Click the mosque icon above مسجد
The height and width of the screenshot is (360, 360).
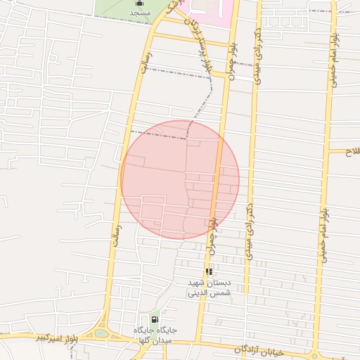(138, 3)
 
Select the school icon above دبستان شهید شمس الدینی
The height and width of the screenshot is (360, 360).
(209, 271)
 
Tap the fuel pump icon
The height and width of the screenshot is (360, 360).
(154, 320)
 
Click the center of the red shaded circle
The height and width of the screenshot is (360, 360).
(180, 179)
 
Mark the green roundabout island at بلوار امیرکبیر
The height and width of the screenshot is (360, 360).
(103, 333)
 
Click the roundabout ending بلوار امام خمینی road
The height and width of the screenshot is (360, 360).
(314, 355)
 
